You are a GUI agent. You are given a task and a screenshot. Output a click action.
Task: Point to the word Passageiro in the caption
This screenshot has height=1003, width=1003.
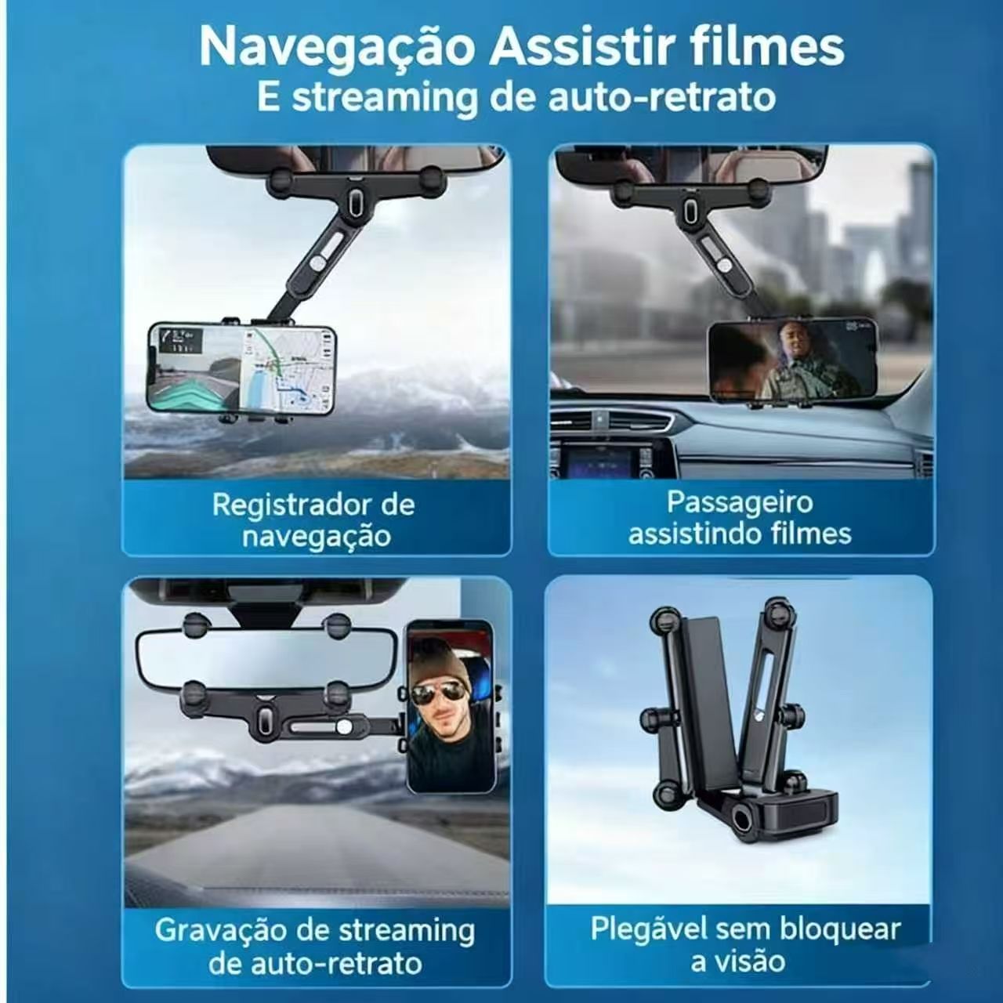[740, 502]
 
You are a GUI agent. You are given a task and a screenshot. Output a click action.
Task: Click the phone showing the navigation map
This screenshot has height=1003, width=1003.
[241, 371]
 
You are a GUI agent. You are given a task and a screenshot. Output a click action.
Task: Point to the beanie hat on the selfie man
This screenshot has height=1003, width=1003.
[440, 664]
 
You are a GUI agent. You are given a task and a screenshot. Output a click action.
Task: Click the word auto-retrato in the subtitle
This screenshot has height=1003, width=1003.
[655, 98]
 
